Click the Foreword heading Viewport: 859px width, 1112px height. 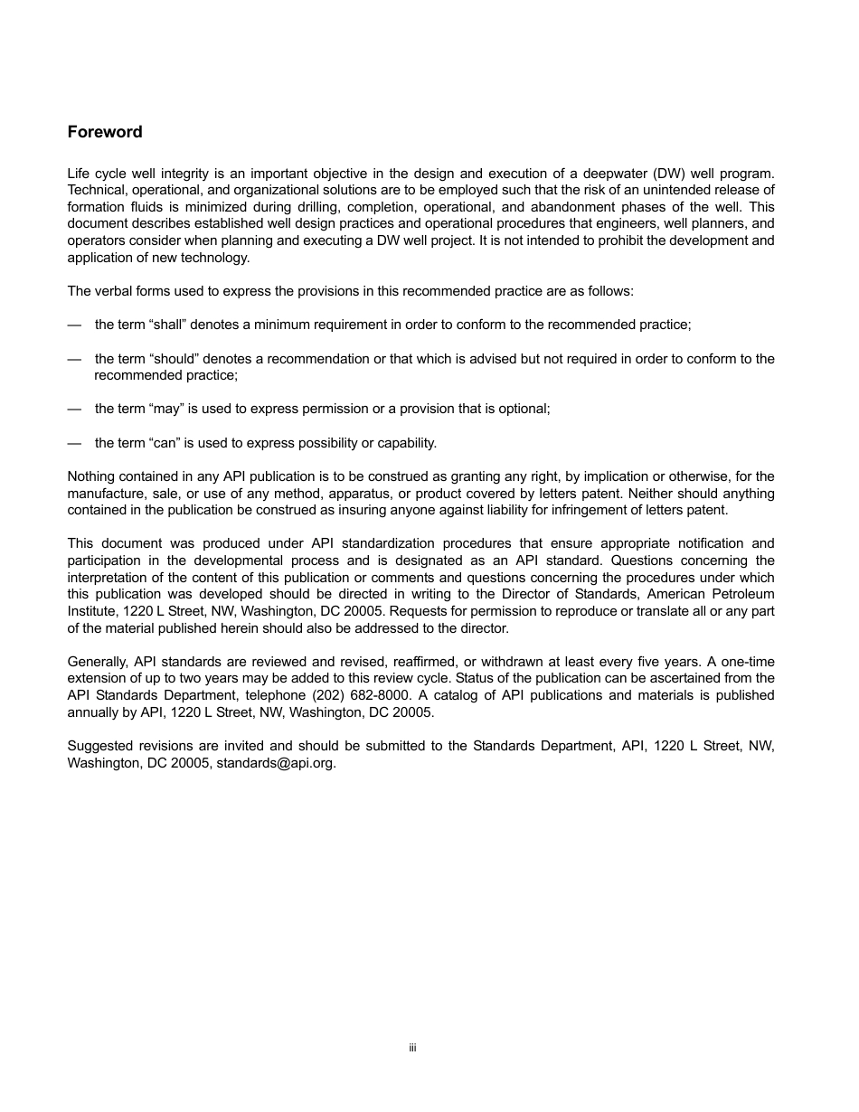pyautogui.click(x=105, y=132)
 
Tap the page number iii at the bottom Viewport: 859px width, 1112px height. pyautogui.click(x=411, y=1048)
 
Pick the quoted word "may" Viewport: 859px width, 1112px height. pyautogui.click(x=162, y=409)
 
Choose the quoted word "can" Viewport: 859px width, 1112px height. pyautogui.click(x=162, y=443)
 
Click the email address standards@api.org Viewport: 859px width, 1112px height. pyautogui.click(x=276, y=762)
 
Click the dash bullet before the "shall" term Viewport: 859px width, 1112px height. pyautogui.click(x=74, y=324)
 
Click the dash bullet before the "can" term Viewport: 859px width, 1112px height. pyautogui.click(x=74, y=443)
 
